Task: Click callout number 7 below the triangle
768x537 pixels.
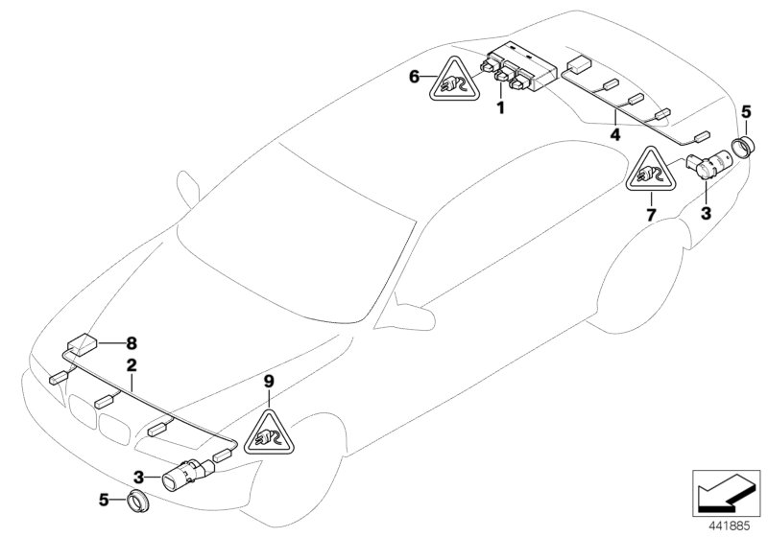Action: point(650,214)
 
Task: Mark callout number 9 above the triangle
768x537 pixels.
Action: point(270,382)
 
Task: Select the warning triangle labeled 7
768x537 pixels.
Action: point(650,175)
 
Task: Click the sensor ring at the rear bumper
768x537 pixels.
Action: point(746,147)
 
